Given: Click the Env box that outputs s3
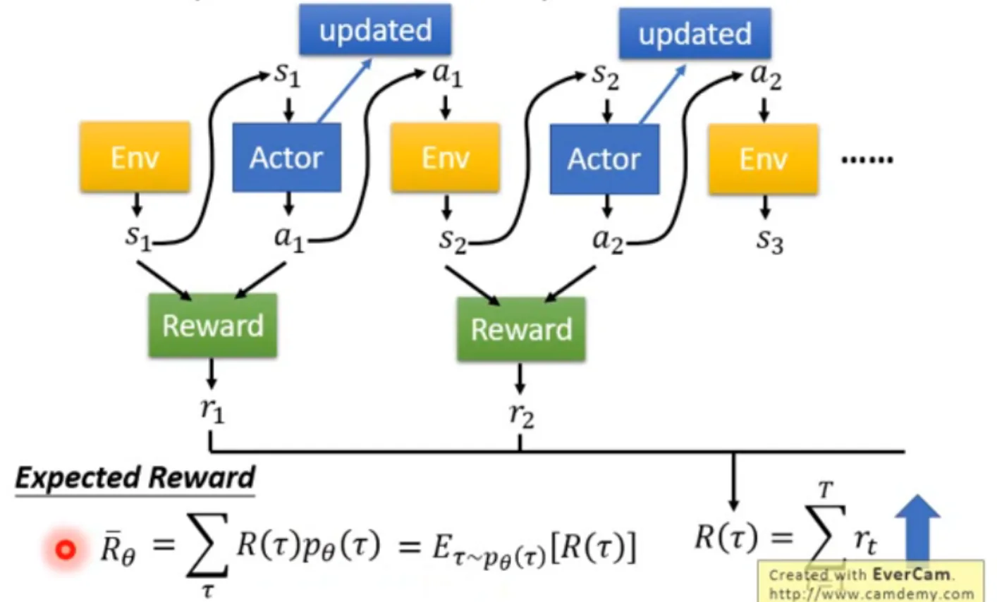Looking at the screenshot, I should coord(763,159).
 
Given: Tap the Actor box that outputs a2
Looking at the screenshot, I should coord(604,159).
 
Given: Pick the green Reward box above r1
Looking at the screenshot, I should coord(212,326).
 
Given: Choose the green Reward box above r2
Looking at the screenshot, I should coord(521,329).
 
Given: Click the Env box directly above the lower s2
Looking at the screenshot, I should coord(445,158).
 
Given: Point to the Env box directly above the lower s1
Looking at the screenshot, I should coord(135,157).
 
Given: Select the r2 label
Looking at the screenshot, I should coord(521,414).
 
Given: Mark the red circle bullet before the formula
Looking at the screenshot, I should coord(66,549).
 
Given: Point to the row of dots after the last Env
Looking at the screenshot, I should coord(867,160).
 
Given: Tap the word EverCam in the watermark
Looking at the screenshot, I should coord(912,574).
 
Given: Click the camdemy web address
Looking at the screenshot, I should coord(871,594).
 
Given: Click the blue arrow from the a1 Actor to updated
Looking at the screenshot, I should coord(345,90).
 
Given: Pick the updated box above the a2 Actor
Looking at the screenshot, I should coord(695,34).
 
